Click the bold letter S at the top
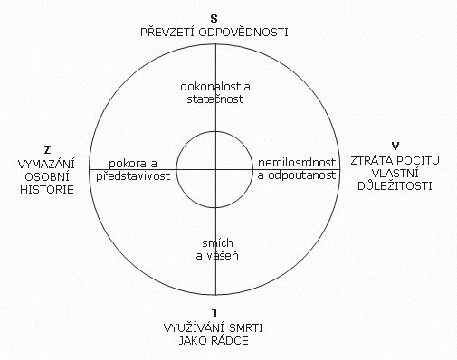coord(214,19)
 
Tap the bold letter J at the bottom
coord(214,314)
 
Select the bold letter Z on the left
coord(47,150)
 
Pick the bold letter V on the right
coord(395,147)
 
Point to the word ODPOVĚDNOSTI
coord(243,33)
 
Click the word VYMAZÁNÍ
coord(46,164)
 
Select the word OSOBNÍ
coord(47,177)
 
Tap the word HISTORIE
coord(47,190)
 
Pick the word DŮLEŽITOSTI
coord(395,185)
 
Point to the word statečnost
coord(215,99)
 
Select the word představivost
coord(133,175)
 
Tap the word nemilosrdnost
coord(297,163)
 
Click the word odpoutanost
coord(302,175)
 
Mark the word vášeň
coord(222,256)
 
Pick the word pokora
coord(124,164)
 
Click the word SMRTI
coord(246,328)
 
